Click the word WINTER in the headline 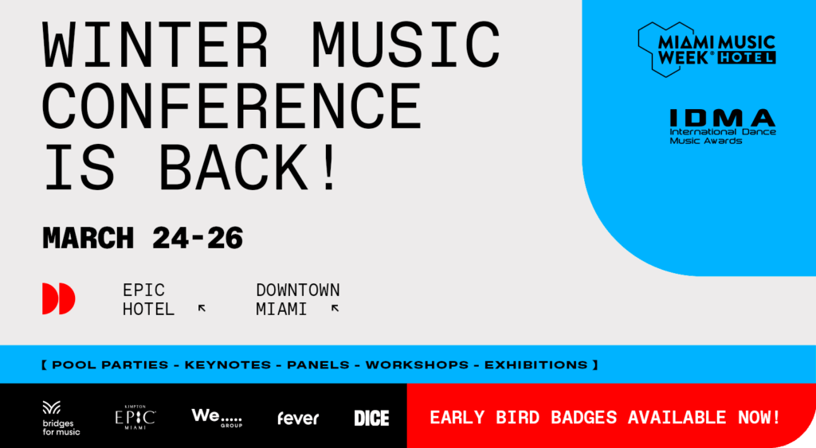click(155, 45)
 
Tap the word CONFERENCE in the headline click(232, 106)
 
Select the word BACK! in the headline click(249, 167)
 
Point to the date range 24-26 click(198, 238)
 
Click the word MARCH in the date click(88, 238)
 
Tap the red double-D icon click(59, 298)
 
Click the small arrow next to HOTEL click(202, 309)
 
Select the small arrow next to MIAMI click(335, 309)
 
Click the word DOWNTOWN click(298, 290)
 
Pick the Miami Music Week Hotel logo click(707, 49)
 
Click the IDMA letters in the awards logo click(722, 118)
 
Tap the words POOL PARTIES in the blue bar click(110, 364)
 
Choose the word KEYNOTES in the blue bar click(228, 364)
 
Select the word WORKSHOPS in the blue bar click(417, 364)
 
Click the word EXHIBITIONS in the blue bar click(536, 364)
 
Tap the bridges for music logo click(61, 419)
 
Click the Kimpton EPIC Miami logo click(135, 417)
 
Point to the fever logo click(298, 419)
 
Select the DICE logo click(371, 419)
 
